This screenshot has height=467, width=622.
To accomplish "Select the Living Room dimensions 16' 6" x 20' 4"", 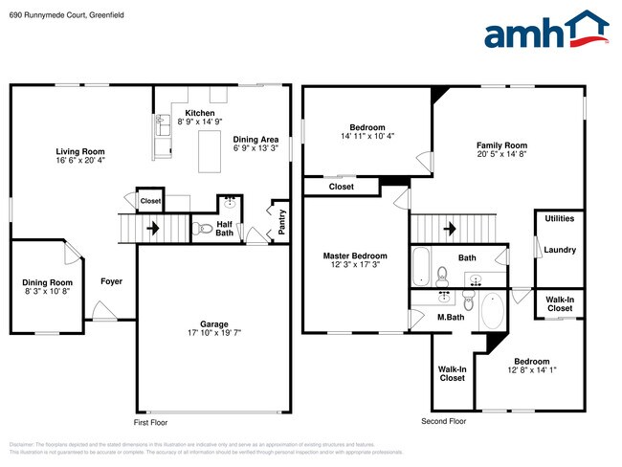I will click(79, 161).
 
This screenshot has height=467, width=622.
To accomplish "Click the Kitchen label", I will click(200, 113).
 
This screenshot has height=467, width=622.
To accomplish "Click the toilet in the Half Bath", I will click(201, 229).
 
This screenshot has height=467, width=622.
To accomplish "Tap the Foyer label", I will click(112, 281).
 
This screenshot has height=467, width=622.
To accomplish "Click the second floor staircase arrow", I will click(451, 229).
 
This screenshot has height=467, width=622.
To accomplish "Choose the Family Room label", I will click(501, 145).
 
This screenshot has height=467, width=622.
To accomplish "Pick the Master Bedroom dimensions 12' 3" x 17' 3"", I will click(355, 265).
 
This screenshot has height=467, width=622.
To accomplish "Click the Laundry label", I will click(559, 250).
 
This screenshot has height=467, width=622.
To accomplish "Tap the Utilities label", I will click(559, 218).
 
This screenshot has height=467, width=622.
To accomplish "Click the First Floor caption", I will click(151, 421).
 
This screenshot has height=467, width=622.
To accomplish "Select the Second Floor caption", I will click(444, 421).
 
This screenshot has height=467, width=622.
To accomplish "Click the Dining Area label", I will click(256, 140).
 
